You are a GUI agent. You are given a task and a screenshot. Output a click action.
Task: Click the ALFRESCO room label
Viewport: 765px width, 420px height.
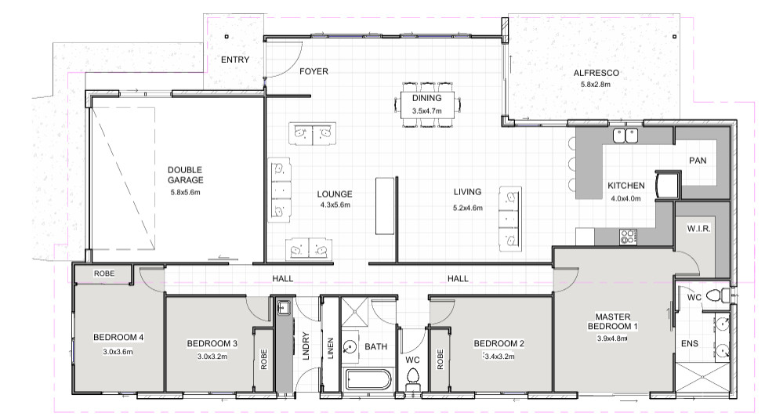click(596, 73)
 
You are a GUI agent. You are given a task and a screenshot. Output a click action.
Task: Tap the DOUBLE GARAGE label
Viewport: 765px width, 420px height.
click(186, 175)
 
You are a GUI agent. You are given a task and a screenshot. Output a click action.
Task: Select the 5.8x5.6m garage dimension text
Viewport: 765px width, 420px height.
click(186, 192)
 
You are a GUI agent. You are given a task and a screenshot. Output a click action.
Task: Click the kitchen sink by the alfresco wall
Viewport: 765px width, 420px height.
click(625, 135)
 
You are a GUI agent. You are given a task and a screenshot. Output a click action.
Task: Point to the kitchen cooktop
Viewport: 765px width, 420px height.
click(627, 237)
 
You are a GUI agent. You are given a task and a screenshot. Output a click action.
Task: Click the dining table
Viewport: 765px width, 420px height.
click(427, 105)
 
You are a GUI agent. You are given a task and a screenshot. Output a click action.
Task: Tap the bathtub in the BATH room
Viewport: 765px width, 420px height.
click(368, 380)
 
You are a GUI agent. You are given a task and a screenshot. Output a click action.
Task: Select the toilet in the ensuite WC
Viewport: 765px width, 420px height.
click(716, 295)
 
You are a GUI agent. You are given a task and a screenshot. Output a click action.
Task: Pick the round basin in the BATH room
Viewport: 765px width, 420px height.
click(350, 347)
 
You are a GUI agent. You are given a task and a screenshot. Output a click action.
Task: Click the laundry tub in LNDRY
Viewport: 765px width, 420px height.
click(283, 307)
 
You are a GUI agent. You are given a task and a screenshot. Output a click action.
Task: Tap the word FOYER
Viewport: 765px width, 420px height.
click(314, 71)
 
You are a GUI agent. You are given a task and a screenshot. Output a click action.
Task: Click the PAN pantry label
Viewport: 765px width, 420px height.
click(698, 161)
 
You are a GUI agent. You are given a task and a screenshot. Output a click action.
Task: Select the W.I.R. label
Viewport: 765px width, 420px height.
click(698, 228)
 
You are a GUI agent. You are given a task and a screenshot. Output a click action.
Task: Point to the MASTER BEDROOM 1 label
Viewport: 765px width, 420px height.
click(612, 321)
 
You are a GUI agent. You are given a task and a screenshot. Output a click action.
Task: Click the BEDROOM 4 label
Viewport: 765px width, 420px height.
click(118, 337)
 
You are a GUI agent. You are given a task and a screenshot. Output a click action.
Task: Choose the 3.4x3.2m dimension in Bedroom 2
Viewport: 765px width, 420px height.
click(499, 356)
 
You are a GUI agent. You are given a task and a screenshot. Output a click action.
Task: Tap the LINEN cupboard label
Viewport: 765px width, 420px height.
click(330, 348)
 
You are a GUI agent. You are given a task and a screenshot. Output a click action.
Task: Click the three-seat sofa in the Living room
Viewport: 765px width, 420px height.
click(509, 219)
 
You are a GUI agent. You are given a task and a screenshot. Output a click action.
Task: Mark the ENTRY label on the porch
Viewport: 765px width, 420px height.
click(235, 60)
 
